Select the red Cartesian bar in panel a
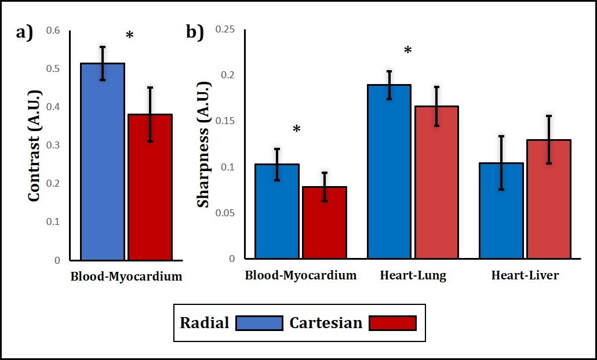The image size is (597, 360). (x=150, y=191)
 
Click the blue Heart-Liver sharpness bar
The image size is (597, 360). (x=501, y=214)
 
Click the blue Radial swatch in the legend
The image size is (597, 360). (x=259, y=323)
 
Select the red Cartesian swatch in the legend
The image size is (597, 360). (x=392, y=323)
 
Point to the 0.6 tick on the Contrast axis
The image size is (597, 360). (x=53, y=30)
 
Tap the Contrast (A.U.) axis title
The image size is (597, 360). (x=34, y=145)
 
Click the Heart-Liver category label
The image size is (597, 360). (x=525, y=276)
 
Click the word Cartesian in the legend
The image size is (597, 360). (x=326, y=323)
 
